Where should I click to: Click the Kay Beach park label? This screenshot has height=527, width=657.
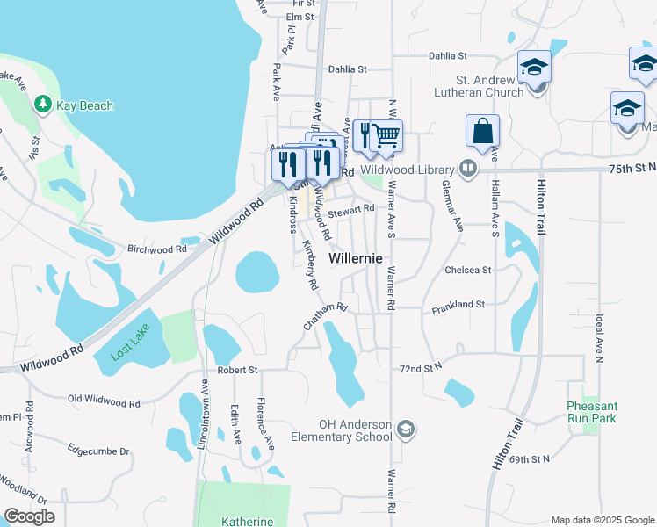point(85,106)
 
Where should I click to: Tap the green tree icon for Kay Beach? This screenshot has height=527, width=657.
point(42,105)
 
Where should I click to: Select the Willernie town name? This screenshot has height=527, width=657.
point(357,259)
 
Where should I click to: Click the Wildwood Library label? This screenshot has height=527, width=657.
point(409,169)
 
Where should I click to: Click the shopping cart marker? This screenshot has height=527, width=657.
point(386,136)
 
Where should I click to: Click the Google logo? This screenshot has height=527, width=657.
point(29,516)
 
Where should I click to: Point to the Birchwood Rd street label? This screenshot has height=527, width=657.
point(158,249)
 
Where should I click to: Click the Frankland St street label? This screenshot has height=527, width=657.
point(458,305)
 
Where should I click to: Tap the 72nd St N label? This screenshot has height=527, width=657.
point(420,367)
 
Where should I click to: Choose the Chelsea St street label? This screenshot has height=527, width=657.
point(467,271)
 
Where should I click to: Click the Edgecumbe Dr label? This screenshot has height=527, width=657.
point(98,451)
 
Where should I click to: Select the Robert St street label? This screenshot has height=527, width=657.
point(238,371)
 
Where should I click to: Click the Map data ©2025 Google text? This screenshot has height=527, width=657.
point(602,520)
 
